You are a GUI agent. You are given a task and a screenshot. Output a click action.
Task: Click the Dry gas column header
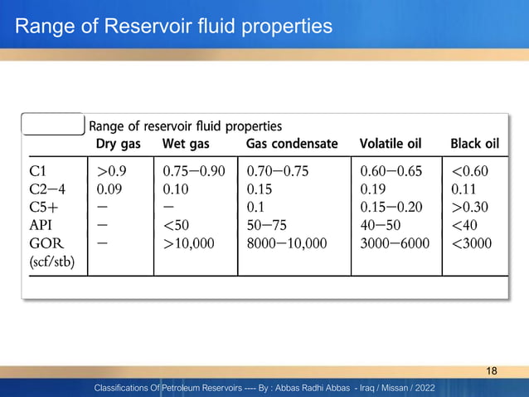pos(118,144)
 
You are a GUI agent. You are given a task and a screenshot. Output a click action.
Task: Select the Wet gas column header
pos(185,144)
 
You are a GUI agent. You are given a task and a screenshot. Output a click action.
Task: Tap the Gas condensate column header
pos(292,144)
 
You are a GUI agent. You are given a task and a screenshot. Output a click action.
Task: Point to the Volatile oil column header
pos(390,144)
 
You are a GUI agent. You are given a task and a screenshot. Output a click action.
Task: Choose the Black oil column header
pos(474,144)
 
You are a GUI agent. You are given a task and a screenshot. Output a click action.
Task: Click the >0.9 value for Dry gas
pos(112,171)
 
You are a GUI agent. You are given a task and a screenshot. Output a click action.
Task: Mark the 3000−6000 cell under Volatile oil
pos(396,243)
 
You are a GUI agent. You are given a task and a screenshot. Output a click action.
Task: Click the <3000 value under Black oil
pos(471,243)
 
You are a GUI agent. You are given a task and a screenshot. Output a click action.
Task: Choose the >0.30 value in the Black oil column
pos(470,208)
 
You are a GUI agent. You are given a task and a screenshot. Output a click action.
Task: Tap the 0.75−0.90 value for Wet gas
pos(194,171)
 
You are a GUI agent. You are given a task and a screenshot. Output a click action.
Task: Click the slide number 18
pos(492,370)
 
